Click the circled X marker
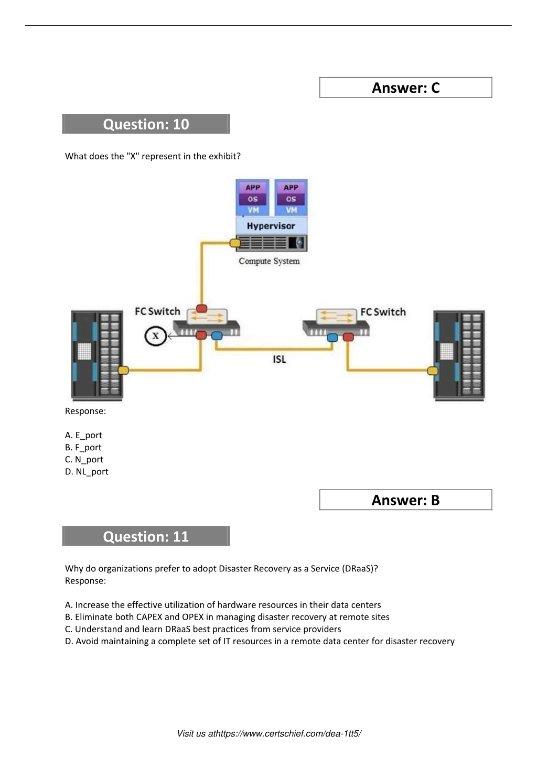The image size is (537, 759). tap(155, 336)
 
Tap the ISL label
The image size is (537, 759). tap(280, 359)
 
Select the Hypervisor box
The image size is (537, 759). tap(271, 226)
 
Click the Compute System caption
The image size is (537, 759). tap(269, 261)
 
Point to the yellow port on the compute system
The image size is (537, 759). tap(235, 243)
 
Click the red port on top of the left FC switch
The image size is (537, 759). tap(202, 308)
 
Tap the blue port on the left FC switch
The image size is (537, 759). tap(217, 336)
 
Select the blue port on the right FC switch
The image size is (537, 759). tap(332, 338)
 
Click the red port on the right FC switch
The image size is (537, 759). tap(348, 337)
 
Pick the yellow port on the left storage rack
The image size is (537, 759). tap(123, 370)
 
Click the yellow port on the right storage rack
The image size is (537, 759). tap(433, 371)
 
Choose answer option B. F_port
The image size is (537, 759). tap(83, 448)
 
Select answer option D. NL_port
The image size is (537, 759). tap(87, 472)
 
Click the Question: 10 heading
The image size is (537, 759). tap(146, 124)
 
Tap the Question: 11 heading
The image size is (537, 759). tap(146, 536)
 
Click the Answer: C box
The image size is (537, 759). tap(405, 88)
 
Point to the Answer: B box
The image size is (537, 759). tap(405, 500)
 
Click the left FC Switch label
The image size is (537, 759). tap(158, 311)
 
